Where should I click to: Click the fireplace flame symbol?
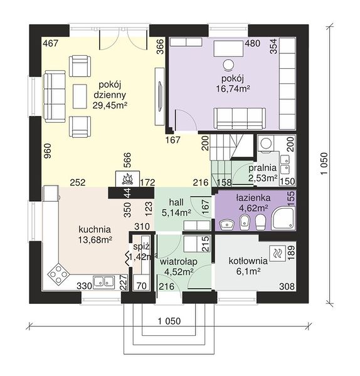[x=128, y=179]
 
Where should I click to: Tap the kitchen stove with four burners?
[x=58, y=274]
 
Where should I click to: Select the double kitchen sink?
[x=103, y=282]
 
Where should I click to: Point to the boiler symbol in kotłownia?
[x=277, y=253]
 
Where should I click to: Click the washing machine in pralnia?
[x=265, y=144]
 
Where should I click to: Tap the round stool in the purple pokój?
[x=228, y=65]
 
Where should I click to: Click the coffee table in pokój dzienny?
[x=80, y=96]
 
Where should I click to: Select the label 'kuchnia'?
[x=95, y=229]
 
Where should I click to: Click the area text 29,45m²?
[x=110, y=105]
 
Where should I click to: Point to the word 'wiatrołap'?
[x=179, y=261]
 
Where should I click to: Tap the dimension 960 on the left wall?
[x=48, y=150]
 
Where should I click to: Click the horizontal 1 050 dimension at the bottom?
[x=169, y=321]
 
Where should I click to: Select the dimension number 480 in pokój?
[x=252, y=43]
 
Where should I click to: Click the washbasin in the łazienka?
[x=226, y=224]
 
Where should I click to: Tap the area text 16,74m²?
[x=233, y=89]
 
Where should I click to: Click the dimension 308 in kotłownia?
[x=287, y=286]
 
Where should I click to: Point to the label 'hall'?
[x=176, y=202]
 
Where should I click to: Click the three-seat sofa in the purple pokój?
[x=240, y=118]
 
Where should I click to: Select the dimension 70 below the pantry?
[x=141, y=286]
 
